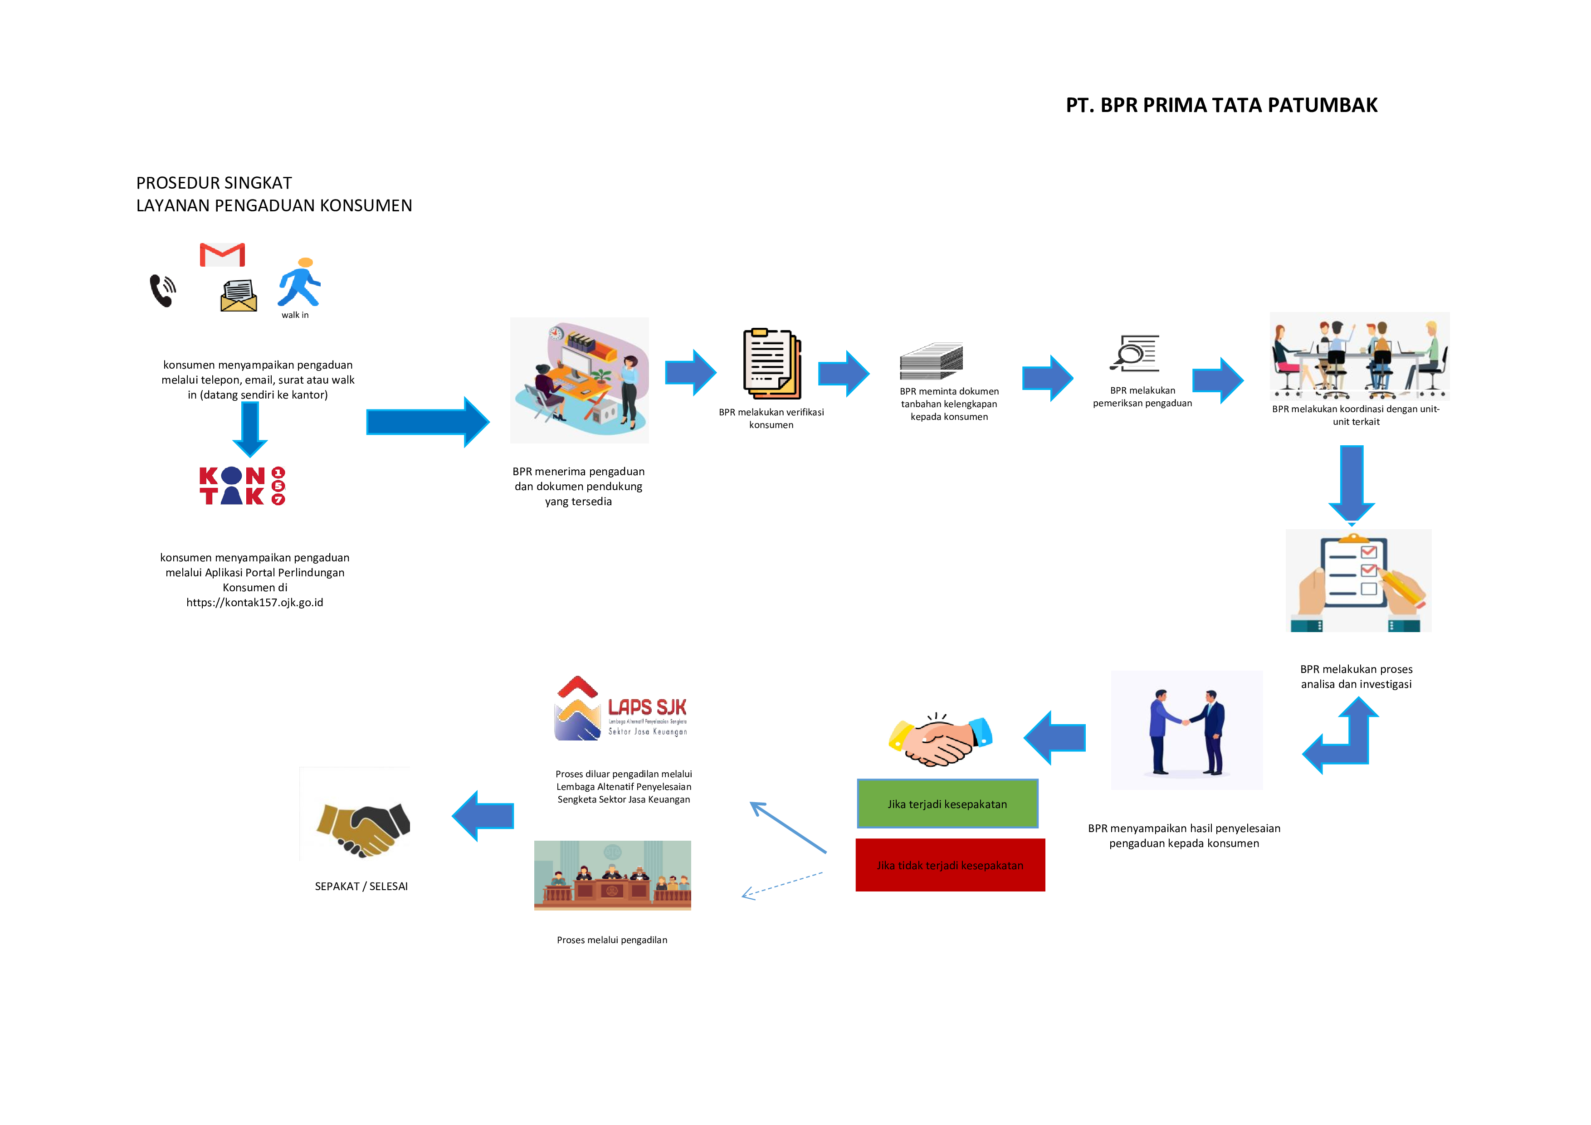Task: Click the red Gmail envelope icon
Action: coord(222,255)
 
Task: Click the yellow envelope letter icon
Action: coord(239,296)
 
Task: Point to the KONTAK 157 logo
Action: coord(242,486)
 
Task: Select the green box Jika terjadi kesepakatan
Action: coord(947,804)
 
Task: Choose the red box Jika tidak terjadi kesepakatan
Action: coord(950,865)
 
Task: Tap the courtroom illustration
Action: coord(613,875)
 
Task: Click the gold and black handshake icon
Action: coord(362,828)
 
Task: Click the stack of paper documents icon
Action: coord(931,361)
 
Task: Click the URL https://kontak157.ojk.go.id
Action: coord(254,603)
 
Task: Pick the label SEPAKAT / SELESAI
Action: coord(361,886)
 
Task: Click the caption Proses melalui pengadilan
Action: coord(612,940)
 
